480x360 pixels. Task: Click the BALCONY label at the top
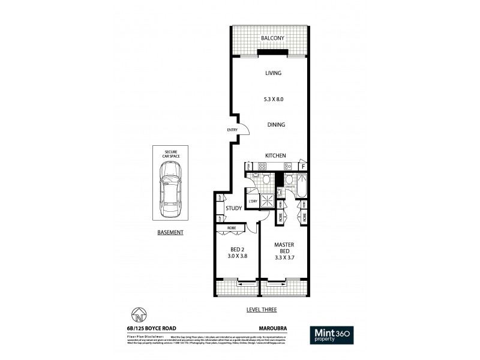point(271,38)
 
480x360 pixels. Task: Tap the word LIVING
point(273,73)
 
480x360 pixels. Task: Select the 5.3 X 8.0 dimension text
point(273,100)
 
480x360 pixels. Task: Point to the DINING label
point(275,125)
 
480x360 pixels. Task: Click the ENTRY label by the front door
point(232,130)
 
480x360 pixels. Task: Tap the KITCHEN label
point(275,156)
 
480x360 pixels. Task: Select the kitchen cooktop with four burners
point(262,166)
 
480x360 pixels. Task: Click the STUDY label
point(234,209)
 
